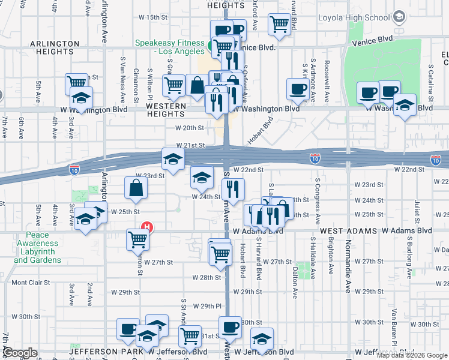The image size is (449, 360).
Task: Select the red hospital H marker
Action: pyautogui.click(x=145, y=227)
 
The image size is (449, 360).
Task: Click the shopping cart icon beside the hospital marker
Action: pyautogui.click(x=137, y=239)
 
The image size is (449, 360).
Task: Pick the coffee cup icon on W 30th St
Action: pyautogui.click(x=230, y=328)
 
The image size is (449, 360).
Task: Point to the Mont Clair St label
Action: pyautogui.click(x=28, y=282)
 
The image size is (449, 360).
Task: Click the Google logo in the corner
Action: pyautogui.click(x=20, y=353)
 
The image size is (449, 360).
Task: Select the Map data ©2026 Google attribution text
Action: pyautogui.click(x=412, y=355)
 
